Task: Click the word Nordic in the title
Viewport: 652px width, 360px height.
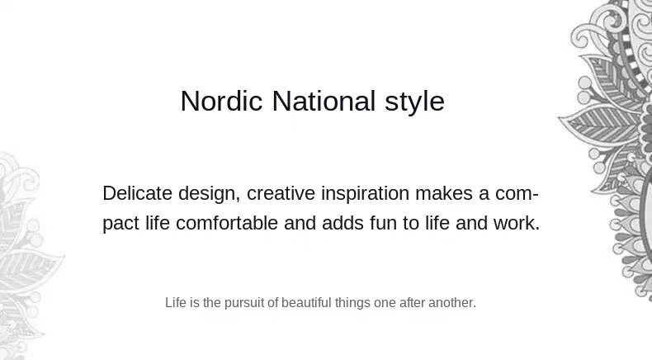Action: (222, 101)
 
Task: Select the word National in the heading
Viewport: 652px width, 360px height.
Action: (324, 101)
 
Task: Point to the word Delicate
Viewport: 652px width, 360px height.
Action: (137, 193)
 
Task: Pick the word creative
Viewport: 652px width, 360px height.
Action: (281, 193)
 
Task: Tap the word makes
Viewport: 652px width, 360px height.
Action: (444, 193)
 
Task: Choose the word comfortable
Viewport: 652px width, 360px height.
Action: (227, 223)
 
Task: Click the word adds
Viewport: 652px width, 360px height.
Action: (343, 223)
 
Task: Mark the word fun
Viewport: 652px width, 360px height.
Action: (383, 223)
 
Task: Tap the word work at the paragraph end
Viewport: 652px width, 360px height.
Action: (514, 223)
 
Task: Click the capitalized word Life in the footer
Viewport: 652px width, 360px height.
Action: (176, 302)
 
